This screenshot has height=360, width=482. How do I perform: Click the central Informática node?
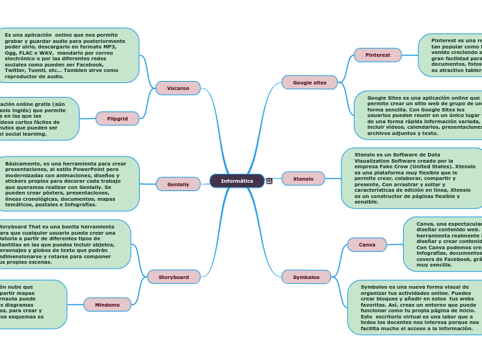[237, 181]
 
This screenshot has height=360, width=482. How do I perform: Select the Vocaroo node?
[178, 88]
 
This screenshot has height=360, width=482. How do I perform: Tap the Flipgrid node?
[117, 118]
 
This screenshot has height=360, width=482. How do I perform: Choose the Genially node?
[178, 184]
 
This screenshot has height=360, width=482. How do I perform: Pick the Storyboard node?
[174, 277]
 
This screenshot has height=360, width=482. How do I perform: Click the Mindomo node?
[107, 305]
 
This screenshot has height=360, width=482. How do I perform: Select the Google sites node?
[310, 82]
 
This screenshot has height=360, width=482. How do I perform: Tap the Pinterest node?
[377, 55]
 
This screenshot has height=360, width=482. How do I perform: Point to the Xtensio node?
[303, 179]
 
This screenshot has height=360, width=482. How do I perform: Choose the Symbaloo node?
[306, 277]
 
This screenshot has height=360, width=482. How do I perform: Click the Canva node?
[367, 244]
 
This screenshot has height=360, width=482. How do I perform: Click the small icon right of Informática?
[269, 181]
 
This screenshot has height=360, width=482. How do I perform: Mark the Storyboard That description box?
[62, 244]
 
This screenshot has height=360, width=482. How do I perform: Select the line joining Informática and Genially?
[205, 183]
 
